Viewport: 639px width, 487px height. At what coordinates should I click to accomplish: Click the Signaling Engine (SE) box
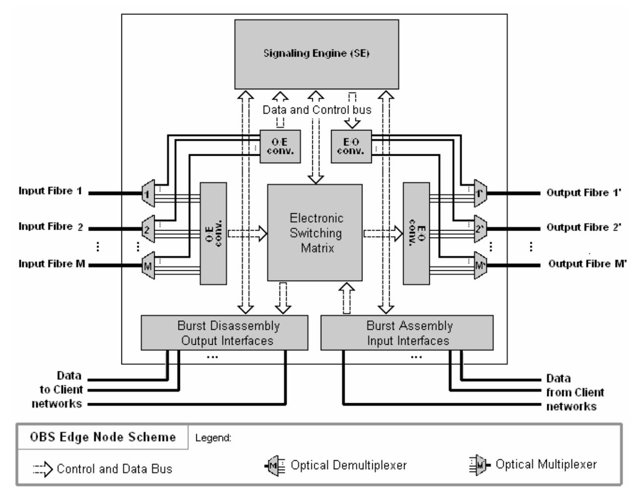coord(316,54)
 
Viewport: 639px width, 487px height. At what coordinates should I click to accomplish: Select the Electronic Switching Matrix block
coord(315,233)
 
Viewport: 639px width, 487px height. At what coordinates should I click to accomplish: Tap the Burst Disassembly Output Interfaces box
coord(224,333)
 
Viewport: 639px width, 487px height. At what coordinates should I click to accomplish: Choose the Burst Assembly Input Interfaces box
coord(407,333)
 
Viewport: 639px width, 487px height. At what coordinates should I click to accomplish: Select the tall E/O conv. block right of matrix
coord(416,233)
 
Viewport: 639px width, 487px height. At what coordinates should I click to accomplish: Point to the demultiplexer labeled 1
coord(148,192)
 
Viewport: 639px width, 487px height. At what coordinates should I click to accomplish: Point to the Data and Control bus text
coord(317,110)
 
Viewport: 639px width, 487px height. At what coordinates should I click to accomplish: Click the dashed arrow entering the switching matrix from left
coord(247,233)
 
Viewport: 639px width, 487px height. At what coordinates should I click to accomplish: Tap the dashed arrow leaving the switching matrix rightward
coord(382,233)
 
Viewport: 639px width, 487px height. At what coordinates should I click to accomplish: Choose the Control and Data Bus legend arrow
coord(43,468)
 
